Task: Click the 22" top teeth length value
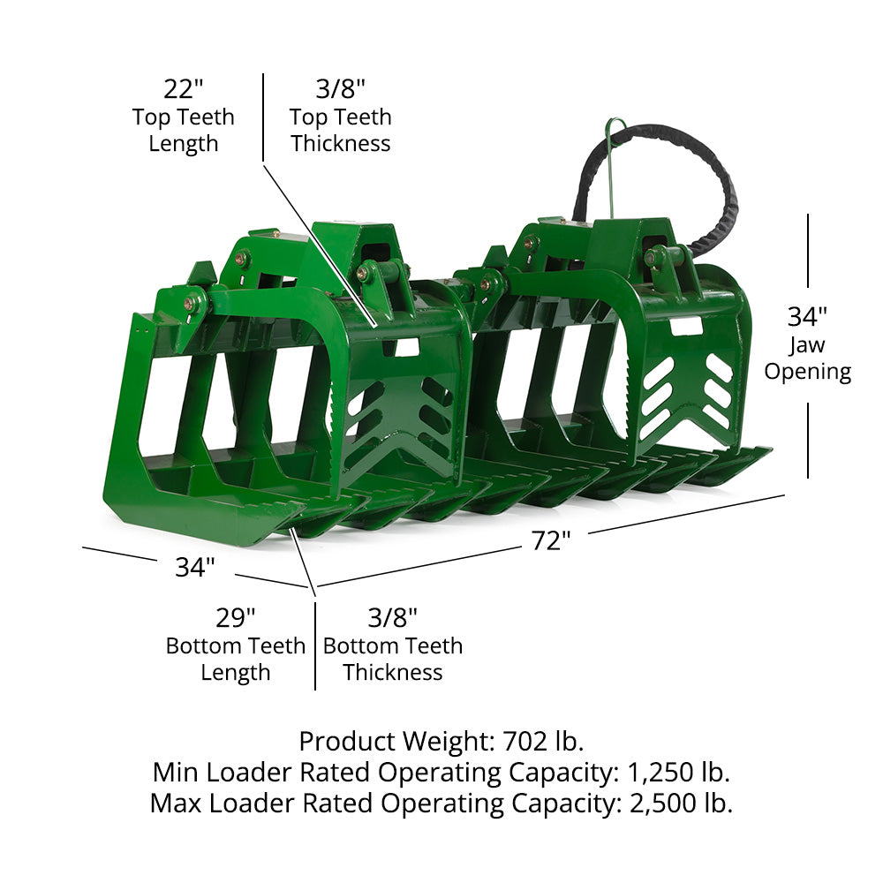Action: tap(183, 89)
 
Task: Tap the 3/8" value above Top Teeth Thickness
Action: tap(340, 89)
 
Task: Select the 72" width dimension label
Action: tap(551, 540)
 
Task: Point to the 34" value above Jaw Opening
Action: tap(807, 316)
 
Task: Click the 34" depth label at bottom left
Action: tap(195, 567)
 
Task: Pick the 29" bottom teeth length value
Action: tap(236, 618)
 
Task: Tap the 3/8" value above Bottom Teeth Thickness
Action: tap(393, 618)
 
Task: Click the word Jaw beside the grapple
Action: tap(806, 345)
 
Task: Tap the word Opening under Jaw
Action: tap(808, 373)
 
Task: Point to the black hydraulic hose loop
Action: tap(653, 169)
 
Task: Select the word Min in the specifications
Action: tap(176, 772)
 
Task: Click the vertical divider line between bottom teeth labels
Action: tap(315, 646)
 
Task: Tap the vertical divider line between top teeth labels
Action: tap(263, 117)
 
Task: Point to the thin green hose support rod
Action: tap(611, 169)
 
